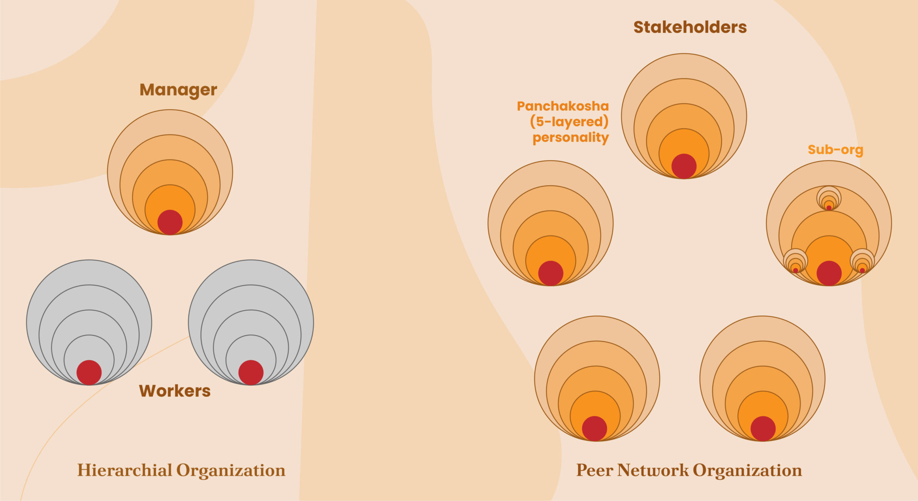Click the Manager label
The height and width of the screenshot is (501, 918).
tap(178, 90)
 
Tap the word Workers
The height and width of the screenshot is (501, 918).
tap(175, 391)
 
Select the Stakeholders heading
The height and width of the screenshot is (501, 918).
tap(690, 27)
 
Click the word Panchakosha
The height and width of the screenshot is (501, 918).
tap(563, 106)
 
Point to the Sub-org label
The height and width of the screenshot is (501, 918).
tap(836, 149)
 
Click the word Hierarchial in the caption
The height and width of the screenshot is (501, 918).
tap(125, 470)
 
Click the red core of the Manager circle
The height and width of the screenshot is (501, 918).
tap(170, 222)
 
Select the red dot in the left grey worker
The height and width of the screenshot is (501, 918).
tap(89, 372)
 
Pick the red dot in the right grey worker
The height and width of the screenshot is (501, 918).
tap(251, 372)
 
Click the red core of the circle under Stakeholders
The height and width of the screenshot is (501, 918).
tap(684, 166)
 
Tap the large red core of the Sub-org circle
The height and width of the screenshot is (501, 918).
tap(829, 273)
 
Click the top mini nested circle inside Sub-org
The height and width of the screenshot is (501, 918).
tap(829, 198)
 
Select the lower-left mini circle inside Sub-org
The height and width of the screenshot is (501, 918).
tap(796, 261)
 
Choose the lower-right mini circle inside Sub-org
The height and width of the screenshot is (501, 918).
tap(862, 261)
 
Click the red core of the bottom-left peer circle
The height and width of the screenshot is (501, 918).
tap(594, 428)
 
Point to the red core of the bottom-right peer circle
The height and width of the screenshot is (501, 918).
tap(763, 428)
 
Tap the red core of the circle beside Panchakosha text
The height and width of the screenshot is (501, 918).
tap(550, 273)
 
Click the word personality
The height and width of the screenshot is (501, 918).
tap(571, 137)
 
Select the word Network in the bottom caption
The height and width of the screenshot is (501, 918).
tap(653, 470)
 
